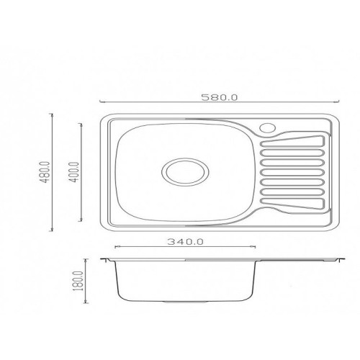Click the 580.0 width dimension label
point(220,97)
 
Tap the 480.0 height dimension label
point(45,172)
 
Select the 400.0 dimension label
point(75,172)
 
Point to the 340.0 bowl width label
point(185,241)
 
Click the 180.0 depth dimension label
point(78,281)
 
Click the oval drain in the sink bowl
point(185,171)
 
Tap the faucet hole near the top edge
point(267,128)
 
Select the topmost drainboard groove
point(292,141)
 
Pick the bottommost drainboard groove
point(292,204)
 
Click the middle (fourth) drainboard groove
point(292,172)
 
